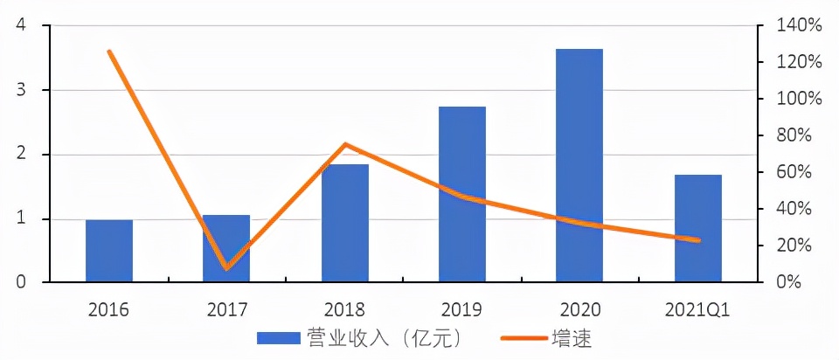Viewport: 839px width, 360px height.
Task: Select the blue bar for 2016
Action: [109, 251]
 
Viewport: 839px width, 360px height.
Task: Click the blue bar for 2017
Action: [226, 248]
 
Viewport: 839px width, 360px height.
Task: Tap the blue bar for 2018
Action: [344, 223]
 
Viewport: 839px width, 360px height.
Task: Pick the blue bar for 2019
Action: [462, 194]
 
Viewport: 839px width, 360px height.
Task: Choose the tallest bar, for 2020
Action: [580, 165]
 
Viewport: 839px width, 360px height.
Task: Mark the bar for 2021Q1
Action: [698, 228]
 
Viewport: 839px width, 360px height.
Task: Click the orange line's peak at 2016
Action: [109, 52]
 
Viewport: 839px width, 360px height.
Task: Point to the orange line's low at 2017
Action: [226, 267]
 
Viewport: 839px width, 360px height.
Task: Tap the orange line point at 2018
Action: [344, 144]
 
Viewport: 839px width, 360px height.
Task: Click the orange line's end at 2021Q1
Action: [698, 240]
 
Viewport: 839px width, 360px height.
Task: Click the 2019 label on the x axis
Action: [462, 308]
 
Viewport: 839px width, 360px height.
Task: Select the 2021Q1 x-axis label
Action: [698, 308]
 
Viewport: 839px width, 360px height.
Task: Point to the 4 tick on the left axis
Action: [21, 26]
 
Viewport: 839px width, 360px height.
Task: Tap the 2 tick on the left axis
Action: [21, 155]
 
